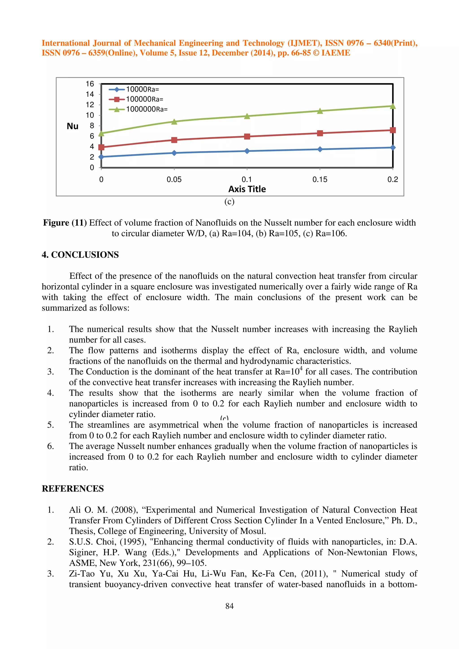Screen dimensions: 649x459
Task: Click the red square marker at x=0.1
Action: (x=247, y=137)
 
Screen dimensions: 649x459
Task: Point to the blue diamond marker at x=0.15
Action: (x=320, y=149)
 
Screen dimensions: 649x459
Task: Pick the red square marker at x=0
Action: (x=101, y=147)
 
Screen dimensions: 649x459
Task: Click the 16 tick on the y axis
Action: (x=90, y=84)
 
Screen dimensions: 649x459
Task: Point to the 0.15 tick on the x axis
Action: (x=320, y=179)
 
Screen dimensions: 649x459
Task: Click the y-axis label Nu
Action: (x=72, y=126)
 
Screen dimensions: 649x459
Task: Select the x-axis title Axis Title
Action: (x=247, y=189)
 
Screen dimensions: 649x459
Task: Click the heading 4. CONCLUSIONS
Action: (x=80, y=255)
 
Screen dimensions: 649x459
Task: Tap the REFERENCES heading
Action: (x=73, y=488)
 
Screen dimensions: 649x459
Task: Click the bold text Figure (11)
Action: (x=65, y=223)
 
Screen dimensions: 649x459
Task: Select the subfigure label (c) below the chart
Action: (x=229, y=202)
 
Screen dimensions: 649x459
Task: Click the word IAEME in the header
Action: (x=336, y=53)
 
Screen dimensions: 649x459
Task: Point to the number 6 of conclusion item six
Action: (x=50, y=446)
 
